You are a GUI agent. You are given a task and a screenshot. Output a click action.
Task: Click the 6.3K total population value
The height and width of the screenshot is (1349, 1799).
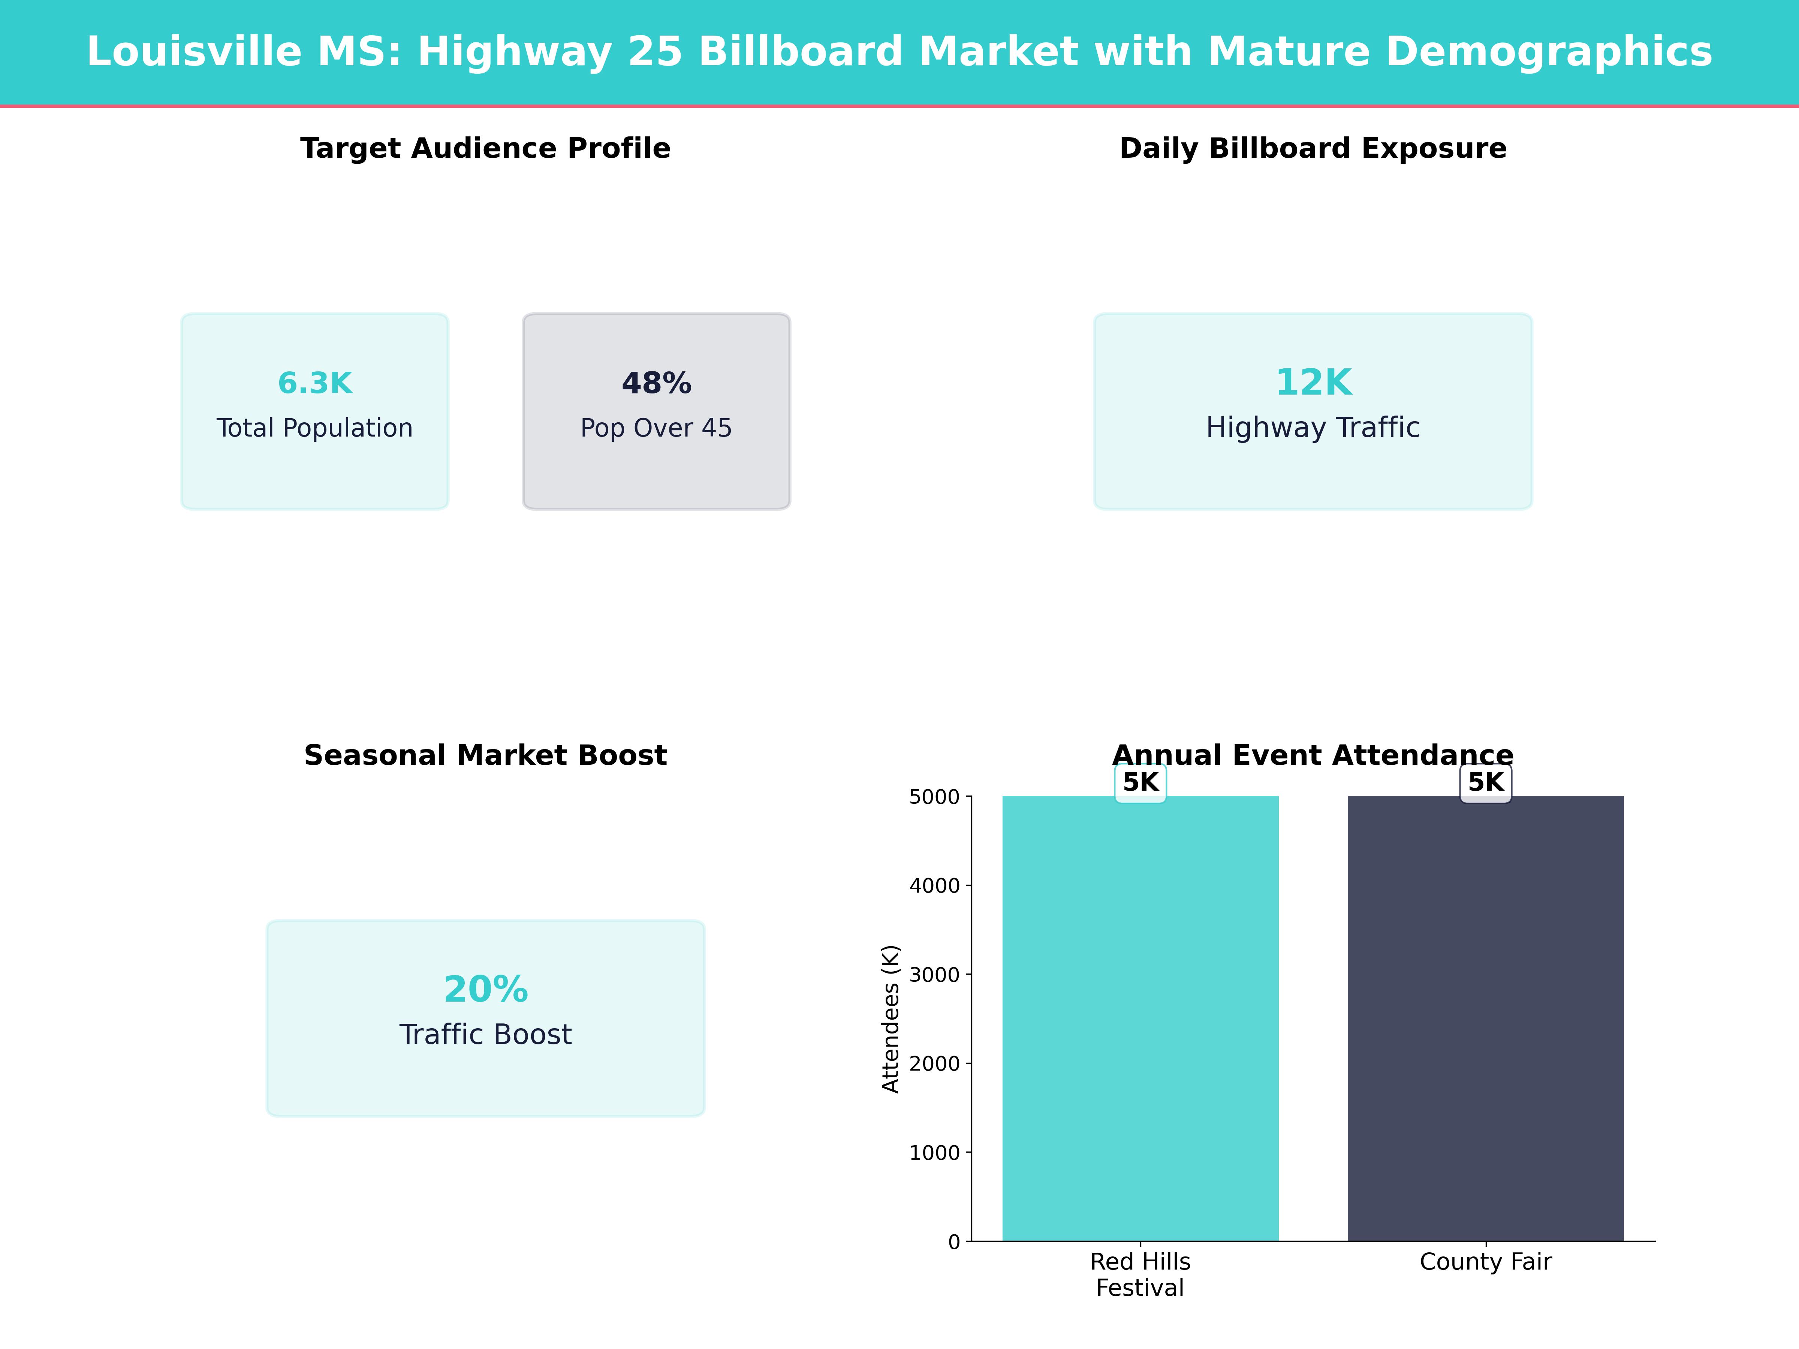tap(315, 383)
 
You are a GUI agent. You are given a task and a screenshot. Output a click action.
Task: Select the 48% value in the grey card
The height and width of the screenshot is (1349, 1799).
tap(656, 383)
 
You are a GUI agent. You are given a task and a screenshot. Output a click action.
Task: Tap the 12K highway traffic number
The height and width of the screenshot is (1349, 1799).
tap(1313, 382)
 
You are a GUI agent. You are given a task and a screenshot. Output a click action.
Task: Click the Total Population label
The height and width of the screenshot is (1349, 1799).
tap(315, 428)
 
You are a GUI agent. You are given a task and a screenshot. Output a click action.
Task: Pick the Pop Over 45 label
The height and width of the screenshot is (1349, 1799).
tap(656, 428)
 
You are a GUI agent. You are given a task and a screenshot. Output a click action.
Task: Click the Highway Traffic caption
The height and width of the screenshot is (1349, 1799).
tap(1313, 428)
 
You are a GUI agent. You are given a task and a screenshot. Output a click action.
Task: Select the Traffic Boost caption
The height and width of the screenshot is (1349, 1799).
tap(485, 1034)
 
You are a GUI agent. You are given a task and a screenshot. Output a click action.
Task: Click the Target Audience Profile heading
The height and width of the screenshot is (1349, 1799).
tap(485, 149)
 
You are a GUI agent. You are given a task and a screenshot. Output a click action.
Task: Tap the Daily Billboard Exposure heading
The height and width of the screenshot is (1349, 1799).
tap(1313, 149)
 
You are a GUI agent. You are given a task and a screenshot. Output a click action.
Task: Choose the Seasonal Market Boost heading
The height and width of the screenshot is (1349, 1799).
tap(485, 755)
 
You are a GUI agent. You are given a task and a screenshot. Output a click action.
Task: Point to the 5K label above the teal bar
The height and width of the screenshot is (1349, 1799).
tap(1140, 782)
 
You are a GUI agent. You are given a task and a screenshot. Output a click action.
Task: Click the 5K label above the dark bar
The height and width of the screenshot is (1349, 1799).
tap(1485, 782)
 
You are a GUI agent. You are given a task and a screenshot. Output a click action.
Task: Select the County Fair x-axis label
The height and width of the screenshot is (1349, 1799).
tap(1485, 1262)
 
